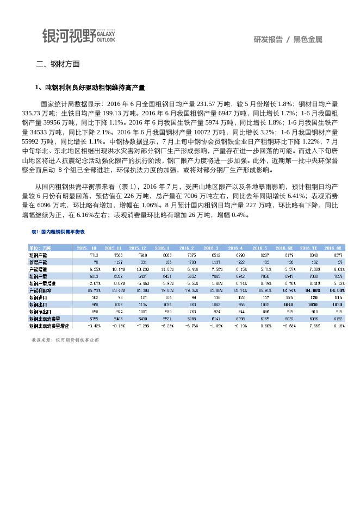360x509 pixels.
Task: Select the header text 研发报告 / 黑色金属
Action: coord(288,39)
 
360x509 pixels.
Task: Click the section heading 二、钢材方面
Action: coord(58,64)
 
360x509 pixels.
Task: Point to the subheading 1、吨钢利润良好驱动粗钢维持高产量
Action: coord(90,88)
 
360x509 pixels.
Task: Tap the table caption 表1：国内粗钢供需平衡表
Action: coord(58,232)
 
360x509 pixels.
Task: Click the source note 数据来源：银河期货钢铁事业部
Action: coord(66,340)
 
